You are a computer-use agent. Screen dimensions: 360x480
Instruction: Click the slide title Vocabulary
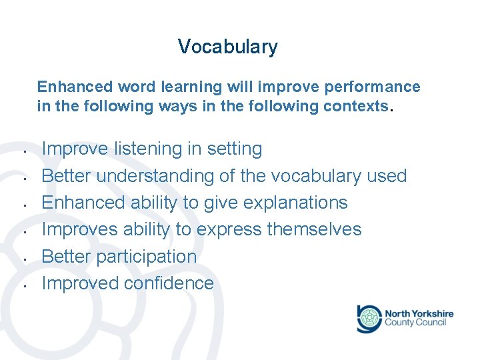pyautogui.click(x=227, y=47)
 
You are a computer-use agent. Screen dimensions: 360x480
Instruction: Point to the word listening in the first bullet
pyautogui.click(x=147, y=149)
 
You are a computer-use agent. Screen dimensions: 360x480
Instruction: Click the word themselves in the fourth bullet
pyautogui.click(x=314, y=229)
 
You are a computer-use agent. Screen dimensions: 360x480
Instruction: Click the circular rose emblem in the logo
pyautogui.click(x=369, y=318)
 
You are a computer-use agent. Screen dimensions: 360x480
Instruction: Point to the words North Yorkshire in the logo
pyautogui.click(x=419, y=313)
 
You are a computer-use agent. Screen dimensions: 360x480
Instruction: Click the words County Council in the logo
pyautogui.click(x=415, y=323)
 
